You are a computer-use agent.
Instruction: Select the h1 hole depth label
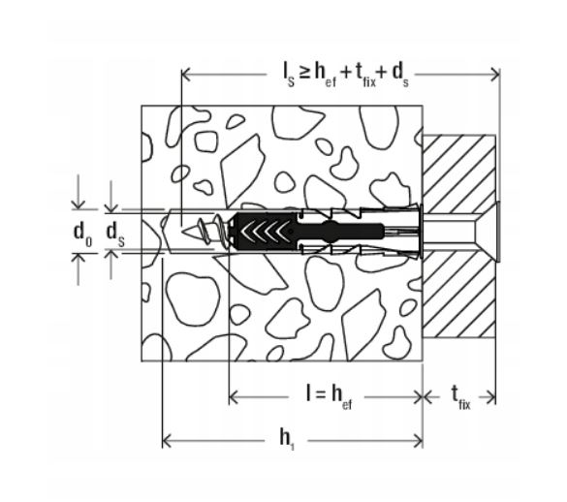point(287,440)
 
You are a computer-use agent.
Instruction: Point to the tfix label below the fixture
point(460,397)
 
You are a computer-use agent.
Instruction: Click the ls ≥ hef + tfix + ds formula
point(346,76)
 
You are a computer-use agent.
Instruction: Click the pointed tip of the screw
point(183,231)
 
